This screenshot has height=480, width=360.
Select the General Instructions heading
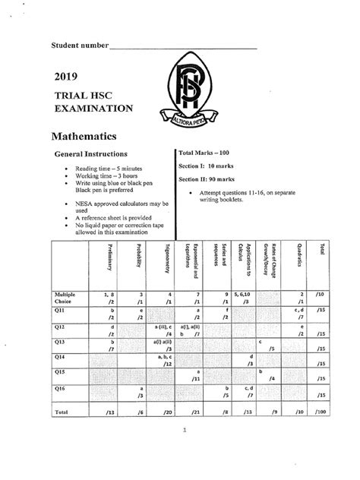click(x=95, y=154)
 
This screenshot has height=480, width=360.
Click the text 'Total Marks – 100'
click(x=203, y=153)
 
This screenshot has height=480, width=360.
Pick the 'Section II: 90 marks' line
click(x=207, y=179)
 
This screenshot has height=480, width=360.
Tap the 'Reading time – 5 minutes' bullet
click(x=109, y=169)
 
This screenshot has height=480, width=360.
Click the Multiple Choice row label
click(x=65, y=297)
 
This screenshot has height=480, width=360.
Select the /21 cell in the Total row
click(x=196, y=412)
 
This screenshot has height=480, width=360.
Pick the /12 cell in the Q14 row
click(x=167, y=363)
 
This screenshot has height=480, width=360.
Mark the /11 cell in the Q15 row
click(x=195, y=377)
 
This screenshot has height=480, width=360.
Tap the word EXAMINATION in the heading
click(x=94, y=109)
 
